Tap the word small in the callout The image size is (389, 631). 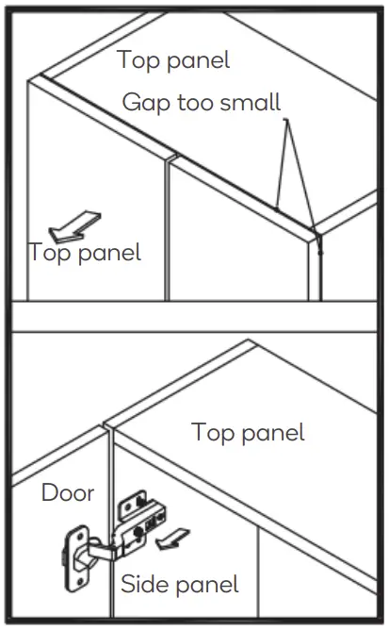pyautogui.click(x=250, y=103)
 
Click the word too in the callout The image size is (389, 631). pyautogui.click(x=195, y=103)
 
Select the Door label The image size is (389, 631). pyautogui.click(x=67, y=492)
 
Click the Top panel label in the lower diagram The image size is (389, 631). pyautogui.click(x=248, y=432)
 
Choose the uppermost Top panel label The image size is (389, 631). pyautogui.click(x=173, y=59)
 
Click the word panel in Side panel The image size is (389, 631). pyautogui.click(x=205, y=584)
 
